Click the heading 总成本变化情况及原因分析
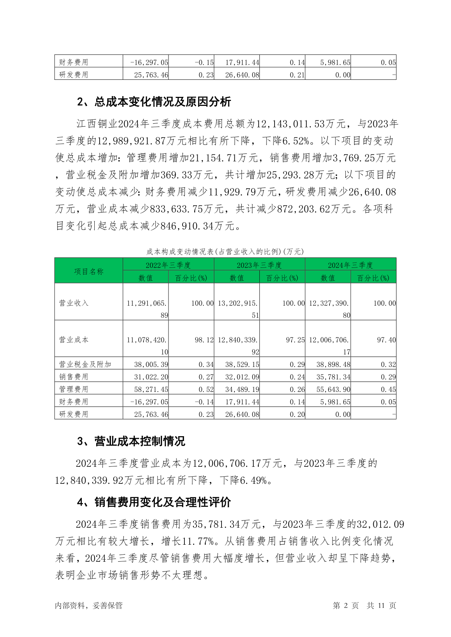coord(154,102)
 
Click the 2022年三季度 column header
coord(168,265)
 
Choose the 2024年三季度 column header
coord(350,265)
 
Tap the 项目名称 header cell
coord(89,271)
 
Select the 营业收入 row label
coord(73,303)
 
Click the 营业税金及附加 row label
coord(85,364)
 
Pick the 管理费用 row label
coord(73,389)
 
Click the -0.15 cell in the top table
coord(204,62)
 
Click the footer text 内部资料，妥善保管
coord(89,605)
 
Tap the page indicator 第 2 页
coord(345,605)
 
